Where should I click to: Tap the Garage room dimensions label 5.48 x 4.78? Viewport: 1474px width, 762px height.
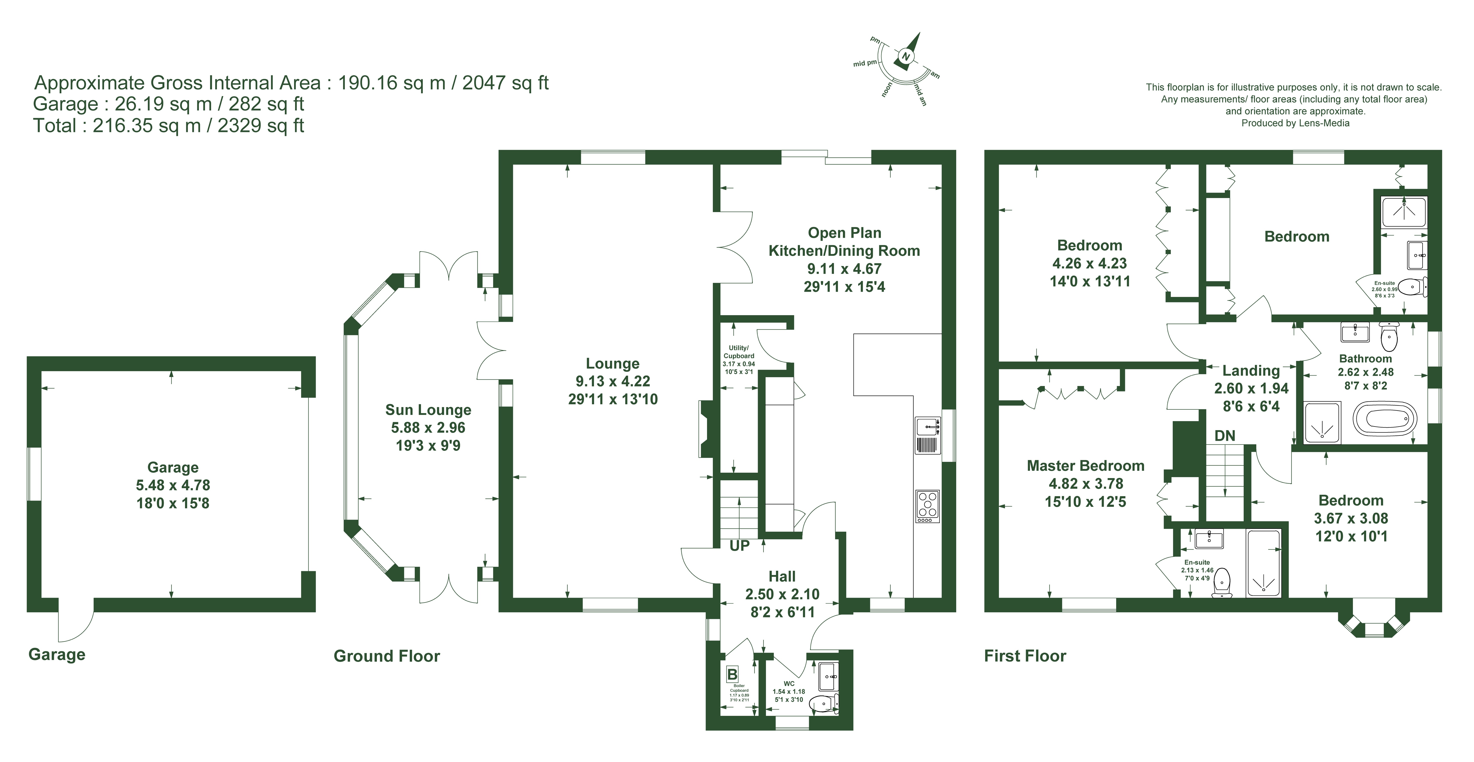tap(173, 485)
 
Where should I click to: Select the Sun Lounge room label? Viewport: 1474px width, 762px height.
tap(428, 410)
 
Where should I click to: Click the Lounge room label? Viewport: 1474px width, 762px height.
tap(612, 364)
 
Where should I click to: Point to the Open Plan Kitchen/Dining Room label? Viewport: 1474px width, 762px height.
tap(844, 242)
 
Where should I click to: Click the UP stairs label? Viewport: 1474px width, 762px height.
tap(739, 546)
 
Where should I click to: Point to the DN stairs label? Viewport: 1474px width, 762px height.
tap(1224, 436)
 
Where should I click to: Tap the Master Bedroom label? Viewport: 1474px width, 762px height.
tap(1085, 466)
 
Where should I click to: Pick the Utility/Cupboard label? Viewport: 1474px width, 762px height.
tap(739, 351)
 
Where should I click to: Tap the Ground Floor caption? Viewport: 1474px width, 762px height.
tap(387, 656)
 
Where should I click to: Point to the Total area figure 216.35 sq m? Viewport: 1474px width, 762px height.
tap(146, 125)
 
